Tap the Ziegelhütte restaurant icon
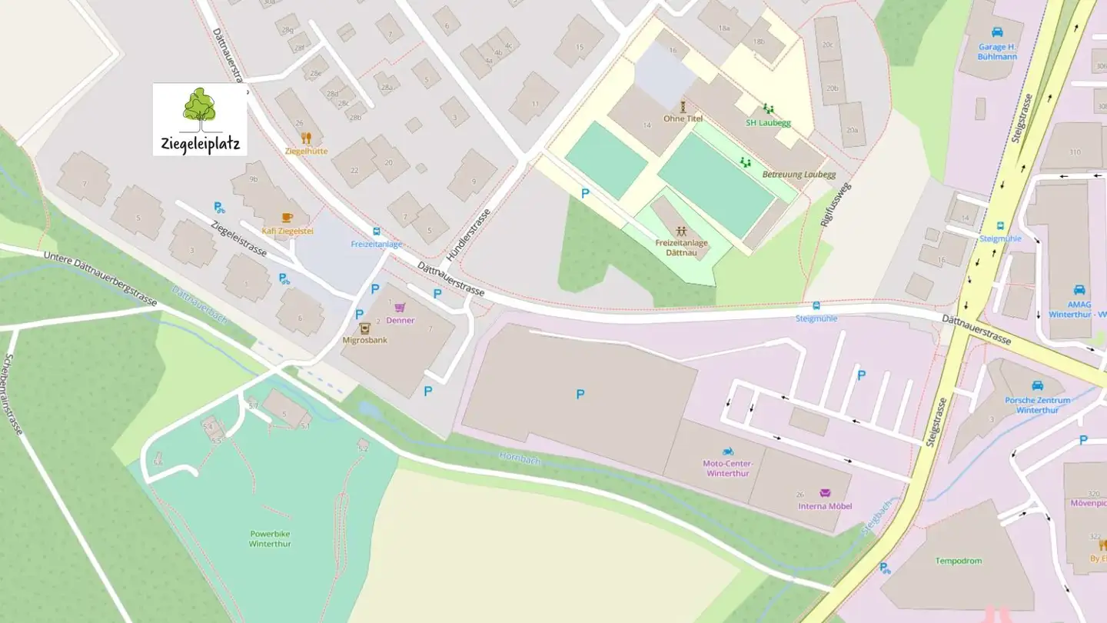click(306, 138)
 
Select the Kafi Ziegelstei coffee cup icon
click(287, 218)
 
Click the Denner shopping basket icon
click(400, 308)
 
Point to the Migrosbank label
click(364, 339)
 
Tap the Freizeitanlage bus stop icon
click(376, 232)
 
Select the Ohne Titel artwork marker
click(682, 106)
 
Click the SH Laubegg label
click(768, 123)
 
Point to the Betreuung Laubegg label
click(799, 175)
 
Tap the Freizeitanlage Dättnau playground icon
click(681, 231)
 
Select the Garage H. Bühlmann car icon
click(997, 32)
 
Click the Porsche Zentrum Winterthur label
click(1038, 405)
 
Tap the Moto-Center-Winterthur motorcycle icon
click(726, 451)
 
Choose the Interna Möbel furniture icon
click(826, 493)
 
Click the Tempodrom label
click(958, 561)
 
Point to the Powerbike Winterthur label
click(270, 538)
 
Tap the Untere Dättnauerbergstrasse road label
click(100, 278)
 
